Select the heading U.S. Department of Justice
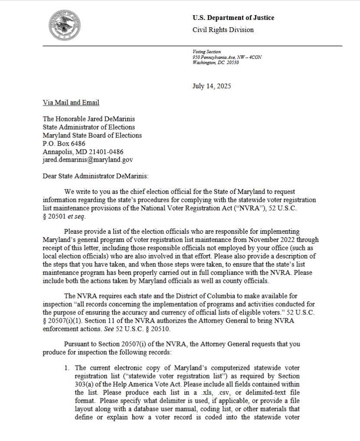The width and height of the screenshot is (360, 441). pyautogui.click(x=233, y=18)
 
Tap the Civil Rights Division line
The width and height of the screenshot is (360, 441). pyautogui.click(x=223, y=30)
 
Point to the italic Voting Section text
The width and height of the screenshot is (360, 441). pyautogui.click(x=206, y=52)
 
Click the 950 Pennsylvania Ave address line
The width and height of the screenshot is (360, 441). pyautogui.click(x=227, y=57)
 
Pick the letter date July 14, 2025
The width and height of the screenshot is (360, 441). pyautogui.click(x=212, y=86)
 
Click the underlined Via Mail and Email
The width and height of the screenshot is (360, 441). pyautogui.click(x=71, y=103)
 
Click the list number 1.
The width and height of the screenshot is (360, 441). pyautogui.click(x=67, y=368)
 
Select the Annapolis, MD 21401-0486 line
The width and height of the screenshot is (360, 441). pyautogui.click(x=83, y=152)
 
